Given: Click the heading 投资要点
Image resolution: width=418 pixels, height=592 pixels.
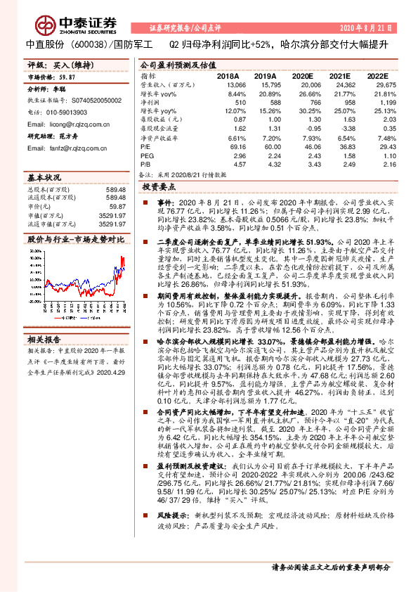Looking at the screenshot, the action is point(157,188).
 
